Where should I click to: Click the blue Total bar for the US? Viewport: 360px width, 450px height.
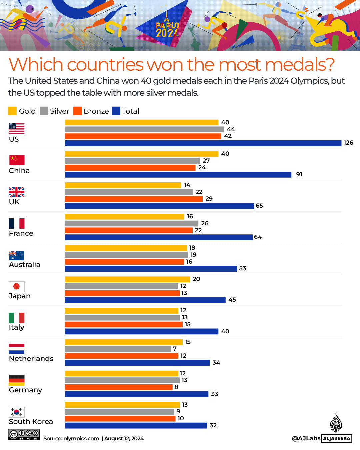pyautogui.click(x=203, y=143)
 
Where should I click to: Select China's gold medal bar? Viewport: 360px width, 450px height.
pyautogui.click(x=141, y=154)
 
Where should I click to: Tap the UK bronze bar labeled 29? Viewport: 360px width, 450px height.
pyautogui.click(x=134, y=199)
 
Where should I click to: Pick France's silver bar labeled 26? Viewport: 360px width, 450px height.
pyautogui.click(x=131, y=223)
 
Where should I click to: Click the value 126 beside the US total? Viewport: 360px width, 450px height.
pyautogui.click(x=348, y=143)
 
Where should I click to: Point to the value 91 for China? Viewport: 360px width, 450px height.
pyautogui.click(x=299, y=174)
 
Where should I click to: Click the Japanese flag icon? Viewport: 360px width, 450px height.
pyautogui.click(x=17, y=286)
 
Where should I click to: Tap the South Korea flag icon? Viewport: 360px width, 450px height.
pyautogui.click(x=17, y=412)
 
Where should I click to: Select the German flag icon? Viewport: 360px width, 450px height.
pyautogui.click(x=17, y=380)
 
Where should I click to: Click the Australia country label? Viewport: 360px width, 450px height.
pyautogui.click(x=24, y=265)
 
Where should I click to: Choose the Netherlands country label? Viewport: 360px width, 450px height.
pyautogui.click(x=31, y=359)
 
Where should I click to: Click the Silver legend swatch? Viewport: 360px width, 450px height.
pyautogui.click(x=44, y=111)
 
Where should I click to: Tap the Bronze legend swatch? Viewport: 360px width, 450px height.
pyautogui.click(x=78, y=111)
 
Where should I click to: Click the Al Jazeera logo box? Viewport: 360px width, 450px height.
pyautogui.click(x=337, y=438)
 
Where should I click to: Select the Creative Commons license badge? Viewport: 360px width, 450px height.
pyautogui.click(x=24, y=434)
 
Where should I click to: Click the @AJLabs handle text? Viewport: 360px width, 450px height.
pyautogui.click(x=306, y=438)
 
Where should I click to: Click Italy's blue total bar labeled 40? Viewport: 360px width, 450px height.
pyautogui.click(x=141, y=331)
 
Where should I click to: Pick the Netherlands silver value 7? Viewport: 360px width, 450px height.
pyautogui.click(x=175, y=349)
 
